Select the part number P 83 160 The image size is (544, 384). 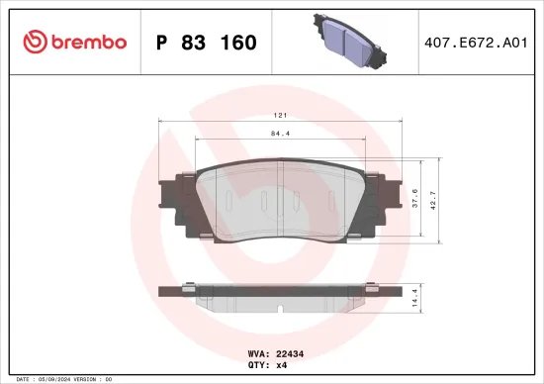pyautogui.click(x=207, y=43)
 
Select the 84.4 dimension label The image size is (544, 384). pyautogui.click(x=280, y=136)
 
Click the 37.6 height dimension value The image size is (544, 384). pyautogui.click(x=414, y=199)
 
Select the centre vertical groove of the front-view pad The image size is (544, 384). pyautogui.click(x=281, y=198)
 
